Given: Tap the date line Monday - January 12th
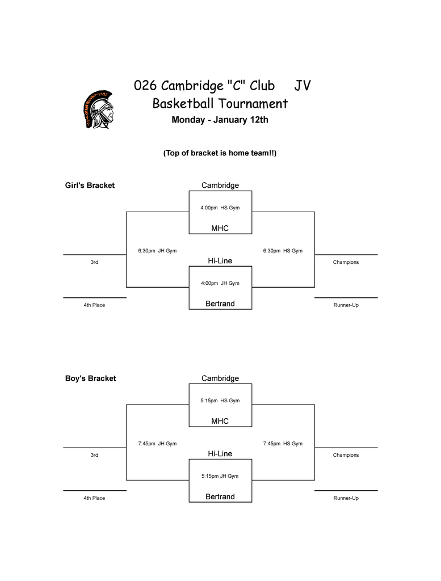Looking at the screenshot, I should (x=220, y=120).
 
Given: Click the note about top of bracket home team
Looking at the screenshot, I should (x=220, y=153).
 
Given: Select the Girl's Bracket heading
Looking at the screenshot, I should (x=90, y=186).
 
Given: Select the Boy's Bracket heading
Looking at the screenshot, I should (x=90, y=378).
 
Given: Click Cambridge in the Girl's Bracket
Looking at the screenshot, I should (x=220, y=186).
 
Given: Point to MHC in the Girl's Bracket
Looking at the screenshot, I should (x=220, y=228).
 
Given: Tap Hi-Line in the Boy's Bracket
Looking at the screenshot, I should (x=220, y=453).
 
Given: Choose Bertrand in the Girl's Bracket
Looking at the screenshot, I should (x=220, y=304).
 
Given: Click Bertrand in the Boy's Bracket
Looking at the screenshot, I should (x=220, y=496).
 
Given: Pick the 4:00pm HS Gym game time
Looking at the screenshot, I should (x=220, y=208).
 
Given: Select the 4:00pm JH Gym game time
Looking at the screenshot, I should (x=220, y=283).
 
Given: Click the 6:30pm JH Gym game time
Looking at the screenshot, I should (x=157, y=251).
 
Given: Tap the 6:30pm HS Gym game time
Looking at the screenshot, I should (x=283, y=251).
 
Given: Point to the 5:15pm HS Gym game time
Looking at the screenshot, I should (x=220, y=401).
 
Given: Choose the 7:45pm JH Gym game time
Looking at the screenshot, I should (x=157, y=444).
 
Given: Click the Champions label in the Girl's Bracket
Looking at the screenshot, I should (x=346, y=262).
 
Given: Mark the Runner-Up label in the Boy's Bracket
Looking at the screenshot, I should (x=346, y=498).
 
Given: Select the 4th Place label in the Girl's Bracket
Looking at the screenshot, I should (x=94, y=305).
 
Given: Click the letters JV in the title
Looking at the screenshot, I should (x=303, y=86).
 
